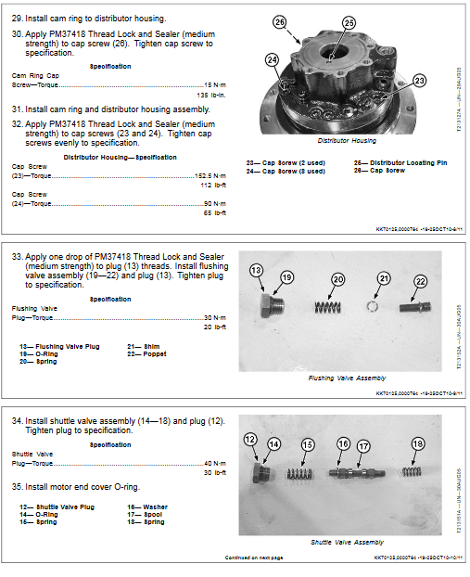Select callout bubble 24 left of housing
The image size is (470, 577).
tap(272, 60)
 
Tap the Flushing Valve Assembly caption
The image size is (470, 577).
tap(346, 378)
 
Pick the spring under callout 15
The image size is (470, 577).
tap(299, 474)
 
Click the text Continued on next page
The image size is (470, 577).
tap(253, 558)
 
